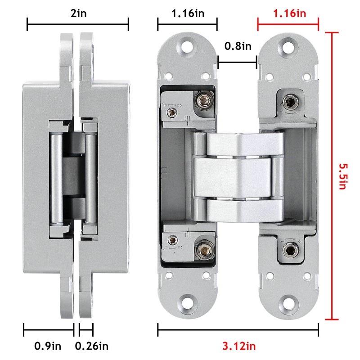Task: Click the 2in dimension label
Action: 78,13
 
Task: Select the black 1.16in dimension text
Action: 187,13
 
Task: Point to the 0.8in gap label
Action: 237,46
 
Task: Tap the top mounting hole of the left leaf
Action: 188,46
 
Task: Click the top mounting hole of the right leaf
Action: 288,46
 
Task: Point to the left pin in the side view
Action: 56,175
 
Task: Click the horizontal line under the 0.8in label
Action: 237,63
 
